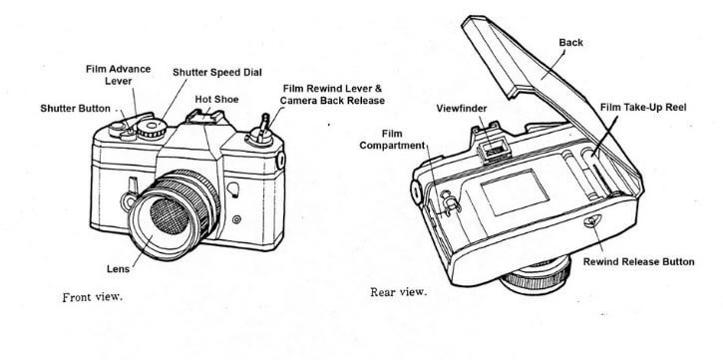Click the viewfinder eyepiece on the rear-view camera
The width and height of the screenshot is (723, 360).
tap(491, 149)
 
